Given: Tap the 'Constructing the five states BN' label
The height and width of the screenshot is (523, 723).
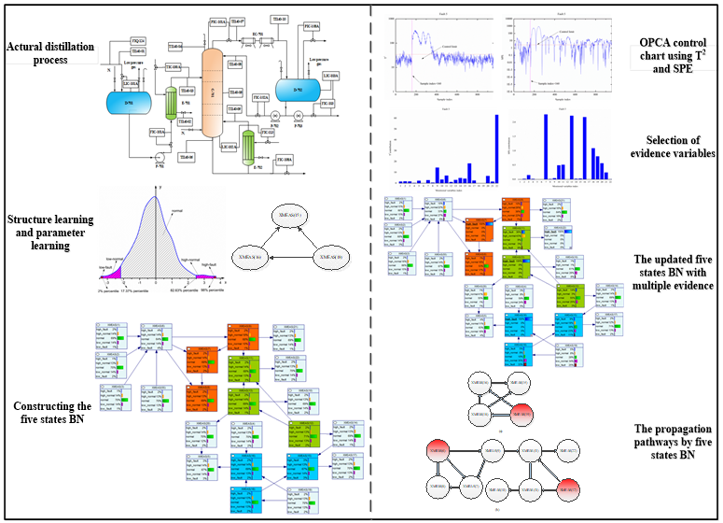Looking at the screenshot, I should pyautogui.click(x=50, y=413).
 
